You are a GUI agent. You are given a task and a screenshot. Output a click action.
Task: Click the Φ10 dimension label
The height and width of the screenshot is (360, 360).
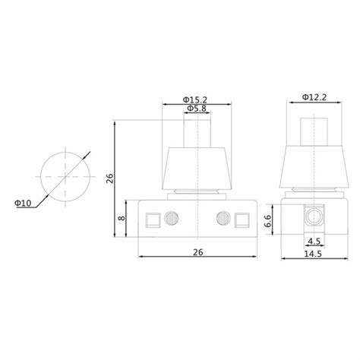pyautogui.click(x=23, y=203)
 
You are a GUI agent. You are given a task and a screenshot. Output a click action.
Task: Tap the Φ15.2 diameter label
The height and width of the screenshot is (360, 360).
pyautogui.click(x=195, y=99)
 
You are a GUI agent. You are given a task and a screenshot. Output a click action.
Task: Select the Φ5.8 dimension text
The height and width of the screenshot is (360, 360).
pyautogui.click(x=197, y=109)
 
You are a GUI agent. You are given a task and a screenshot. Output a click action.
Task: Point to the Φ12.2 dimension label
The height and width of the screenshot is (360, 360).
pyautogui.click(x=314, y=97)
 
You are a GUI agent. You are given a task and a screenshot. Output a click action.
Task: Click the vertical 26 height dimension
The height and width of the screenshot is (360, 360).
pyautogui.click(x=110, y=178)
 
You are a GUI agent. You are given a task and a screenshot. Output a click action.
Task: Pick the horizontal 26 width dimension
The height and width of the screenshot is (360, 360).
pyautogui.click(x=198, y=252)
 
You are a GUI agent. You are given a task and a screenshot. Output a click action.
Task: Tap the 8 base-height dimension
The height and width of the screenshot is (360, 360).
pyautogui.click(x=122, y=218)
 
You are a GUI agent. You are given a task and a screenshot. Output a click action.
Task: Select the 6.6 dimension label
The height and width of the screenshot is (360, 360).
pyautogui.click(x=267, y=221)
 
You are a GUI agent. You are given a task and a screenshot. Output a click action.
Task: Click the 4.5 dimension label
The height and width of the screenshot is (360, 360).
pyautogui.click(x=314, y=242)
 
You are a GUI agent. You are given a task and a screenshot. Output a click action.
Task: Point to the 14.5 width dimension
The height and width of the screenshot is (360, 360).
pyautogui.click(x=313, y=254)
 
